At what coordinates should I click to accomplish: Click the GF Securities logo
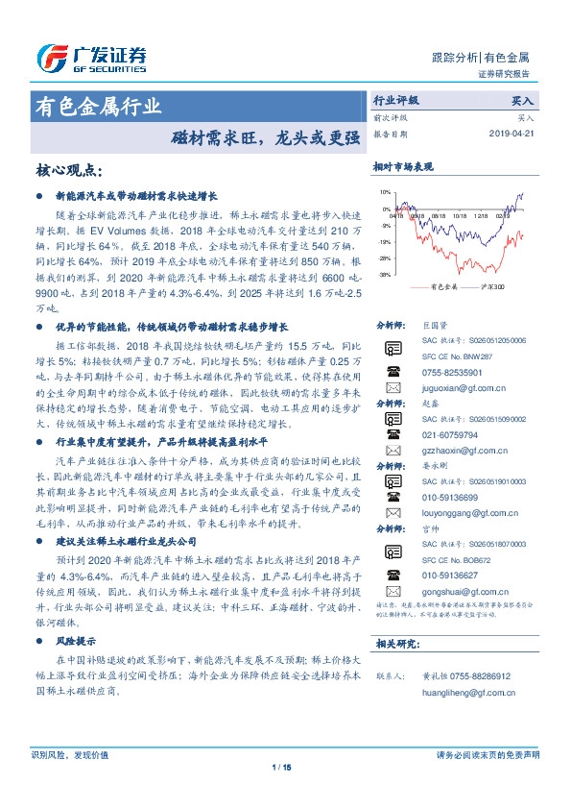(90, 59)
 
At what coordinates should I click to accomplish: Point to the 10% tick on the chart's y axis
(385, 193)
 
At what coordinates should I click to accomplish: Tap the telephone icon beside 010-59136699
(393, 497)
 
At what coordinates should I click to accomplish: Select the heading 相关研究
(393, 643)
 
